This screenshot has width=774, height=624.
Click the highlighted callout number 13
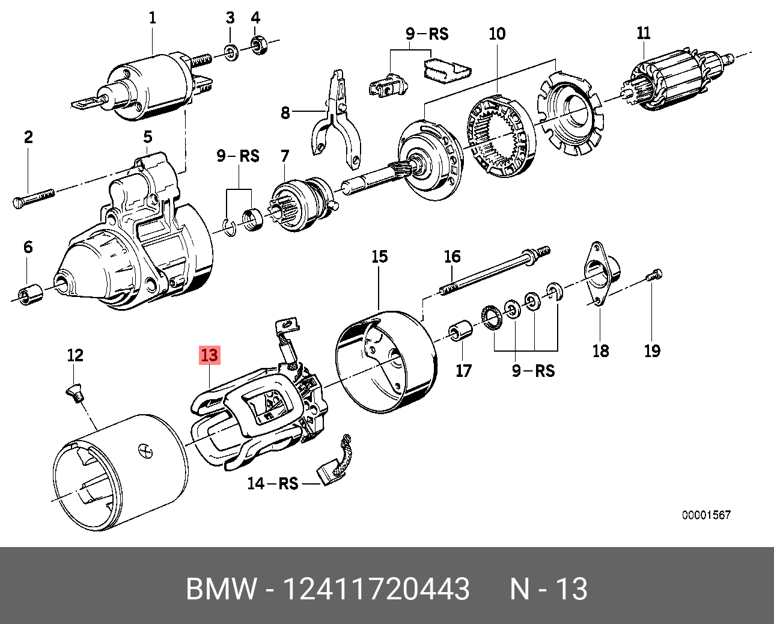tap(210, 355)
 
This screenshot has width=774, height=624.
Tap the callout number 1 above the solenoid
tap(152, 17)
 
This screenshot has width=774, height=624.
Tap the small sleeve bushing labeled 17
tap(462, 331)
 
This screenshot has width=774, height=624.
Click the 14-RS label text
tap(273, 483)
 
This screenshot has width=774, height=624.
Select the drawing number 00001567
tap(706, 515)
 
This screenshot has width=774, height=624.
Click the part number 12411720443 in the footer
tap(376, 589)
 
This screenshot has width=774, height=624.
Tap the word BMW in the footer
tap(221, 589)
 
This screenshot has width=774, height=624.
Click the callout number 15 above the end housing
tap(379, 257)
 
